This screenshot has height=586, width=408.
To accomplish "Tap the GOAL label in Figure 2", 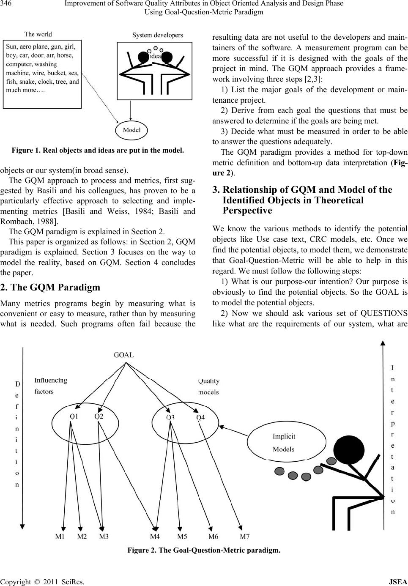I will (x=124, y=355).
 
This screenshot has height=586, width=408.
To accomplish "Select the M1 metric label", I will (x=61, y=537).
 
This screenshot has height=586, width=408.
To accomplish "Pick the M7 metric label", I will (x=245, y=537).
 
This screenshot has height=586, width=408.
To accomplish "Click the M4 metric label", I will (x=155, y=537).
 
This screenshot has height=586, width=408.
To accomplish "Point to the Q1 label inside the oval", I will (x=74, y=416).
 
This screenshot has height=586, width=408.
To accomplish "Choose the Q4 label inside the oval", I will (x=200, y=418).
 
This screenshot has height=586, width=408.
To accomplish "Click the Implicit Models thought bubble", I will (x=284, y=443).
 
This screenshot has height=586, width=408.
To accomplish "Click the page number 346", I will (x=8, y=4).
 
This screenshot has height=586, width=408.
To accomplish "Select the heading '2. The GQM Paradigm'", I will (x=50, y=287).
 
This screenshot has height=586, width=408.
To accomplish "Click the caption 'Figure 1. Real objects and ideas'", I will (x=98, y=150).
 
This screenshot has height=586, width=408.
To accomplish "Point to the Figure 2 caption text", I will (x=204, y=550).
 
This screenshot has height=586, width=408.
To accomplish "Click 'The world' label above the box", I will (x=38, y=34).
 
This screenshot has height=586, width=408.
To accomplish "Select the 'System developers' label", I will (x=158, y=35).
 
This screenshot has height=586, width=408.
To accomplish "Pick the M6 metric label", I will (x=214, y=537).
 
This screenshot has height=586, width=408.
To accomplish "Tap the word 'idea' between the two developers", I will (x=155, y=56).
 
